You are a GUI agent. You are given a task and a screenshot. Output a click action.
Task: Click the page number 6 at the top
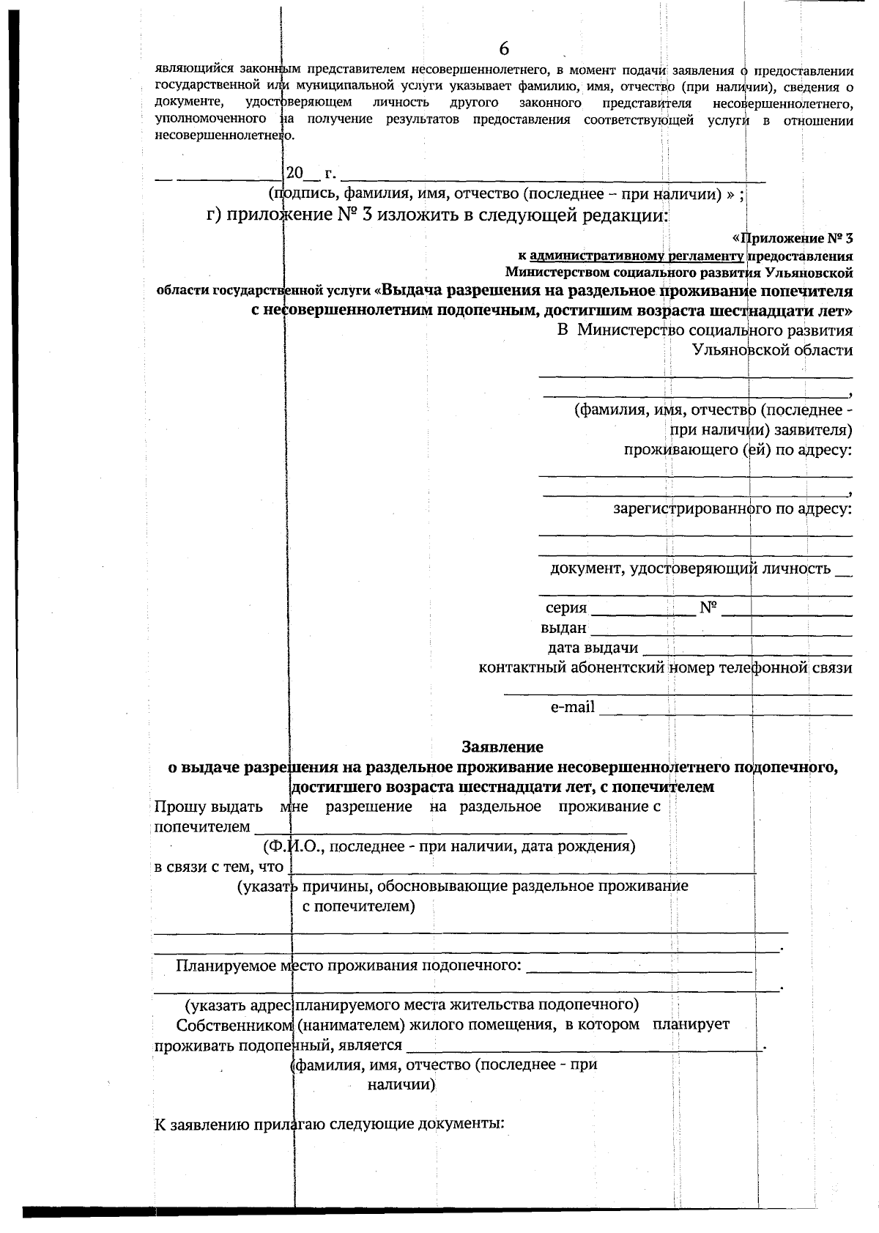[x=504, y=49]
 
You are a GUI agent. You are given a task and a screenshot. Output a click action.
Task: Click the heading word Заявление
[x=502, y=747]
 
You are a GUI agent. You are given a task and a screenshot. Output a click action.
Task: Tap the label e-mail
[x=572, y=707]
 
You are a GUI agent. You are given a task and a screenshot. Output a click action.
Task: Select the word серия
[x=565, y=607]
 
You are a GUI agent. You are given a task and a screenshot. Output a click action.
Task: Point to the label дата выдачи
[x=593, y=648]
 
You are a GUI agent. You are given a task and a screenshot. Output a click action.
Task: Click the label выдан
[x=563, y=628]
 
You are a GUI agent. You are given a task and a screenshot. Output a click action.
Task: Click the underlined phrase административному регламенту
[x=637, y=256]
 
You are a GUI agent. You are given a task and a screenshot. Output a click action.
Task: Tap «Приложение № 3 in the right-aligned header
[x=793, y=238]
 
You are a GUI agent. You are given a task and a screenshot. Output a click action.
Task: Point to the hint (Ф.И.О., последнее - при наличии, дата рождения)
[x=449, y=846]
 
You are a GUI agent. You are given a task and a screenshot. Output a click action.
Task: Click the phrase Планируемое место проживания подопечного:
[x=348, y=965]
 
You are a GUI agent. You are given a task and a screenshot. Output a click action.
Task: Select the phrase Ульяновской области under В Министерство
[x=772, y=349]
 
